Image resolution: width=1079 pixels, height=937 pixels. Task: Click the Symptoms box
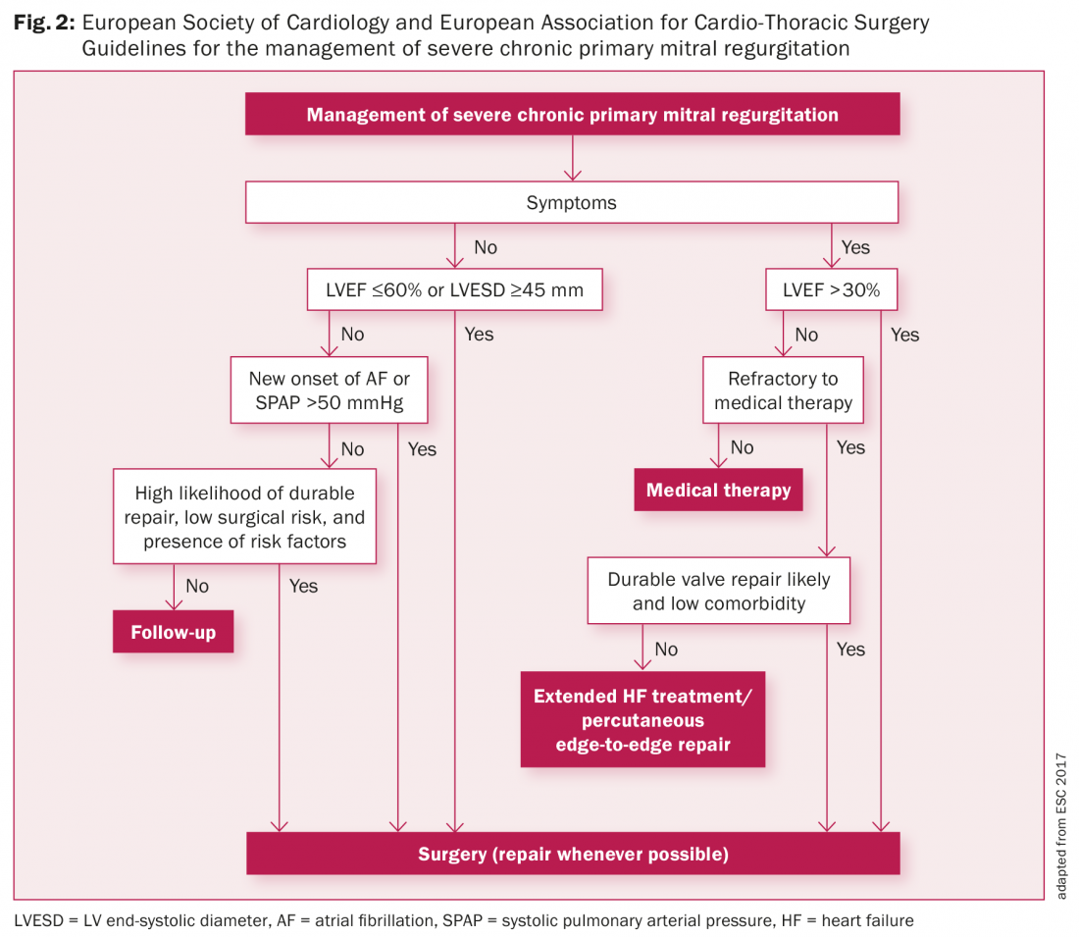click(x=571, y=203)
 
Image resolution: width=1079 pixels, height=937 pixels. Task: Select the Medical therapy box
click(x=718, y=491)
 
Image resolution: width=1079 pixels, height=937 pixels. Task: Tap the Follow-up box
click(x=173, y=633)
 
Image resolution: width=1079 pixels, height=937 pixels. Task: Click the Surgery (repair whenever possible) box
click(x=573, y=854)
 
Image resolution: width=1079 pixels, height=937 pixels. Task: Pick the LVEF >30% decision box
click(x=830, y=290)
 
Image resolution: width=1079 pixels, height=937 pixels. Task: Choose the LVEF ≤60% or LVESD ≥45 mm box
click(x=454, y=290)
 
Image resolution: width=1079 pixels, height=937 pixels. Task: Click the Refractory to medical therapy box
click(x=783, y=390)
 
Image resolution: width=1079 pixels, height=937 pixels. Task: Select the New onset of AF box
click(x=329, y=390)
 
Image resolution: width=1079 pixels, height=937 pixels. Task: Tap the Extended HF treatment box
click(x=642, y=720)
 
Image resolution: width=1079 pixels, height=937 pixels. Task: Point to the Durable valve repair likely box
click(x=718, y=591)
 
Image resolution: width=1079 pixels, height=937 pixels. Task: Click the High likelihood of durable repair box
click(x=244, y=517)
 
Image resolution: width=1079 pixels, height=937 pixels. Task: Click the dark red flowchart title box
click(x=572, y=115)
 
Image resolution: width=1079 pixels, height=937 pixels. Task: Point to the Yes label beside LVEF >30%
click(x=904, y=335)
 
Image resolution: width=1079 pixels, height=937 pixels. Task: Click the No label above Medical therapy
click(x=742, y=447)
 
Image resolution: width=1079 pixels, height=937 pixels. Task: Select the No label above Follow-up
click(x=197, y=586)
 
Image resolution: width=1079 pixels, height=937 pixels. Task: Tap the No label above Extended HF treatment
click(x=666, y=650)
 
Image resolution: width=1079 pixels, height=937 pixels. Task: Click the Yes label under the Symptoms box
click(x=855, y=247)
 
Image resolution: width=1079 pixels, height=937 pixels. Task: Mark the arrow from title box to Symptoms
click(x=572, y=158)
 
